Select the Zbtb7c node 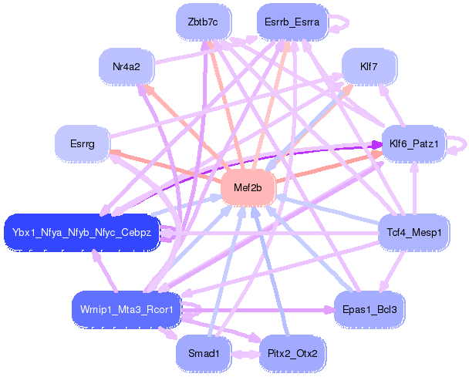[203, 22]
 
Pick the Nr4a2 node [126, 67]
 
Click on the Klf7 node [369, 67]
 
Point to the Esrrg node [82, 143]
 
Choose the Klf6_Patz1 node [413, 143]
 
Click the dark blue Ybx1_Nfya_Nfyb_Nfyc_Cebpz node [82, 231]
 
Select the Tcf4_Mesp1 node [413, 231]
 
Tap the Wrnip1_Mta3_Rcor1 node [126, 309]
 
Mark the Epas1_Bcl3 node [369, 309]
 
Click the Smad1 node [203, 353]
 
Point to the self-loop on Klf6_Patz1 [460, 143]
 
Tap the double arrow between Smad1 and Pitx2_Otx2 [245, 354]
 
